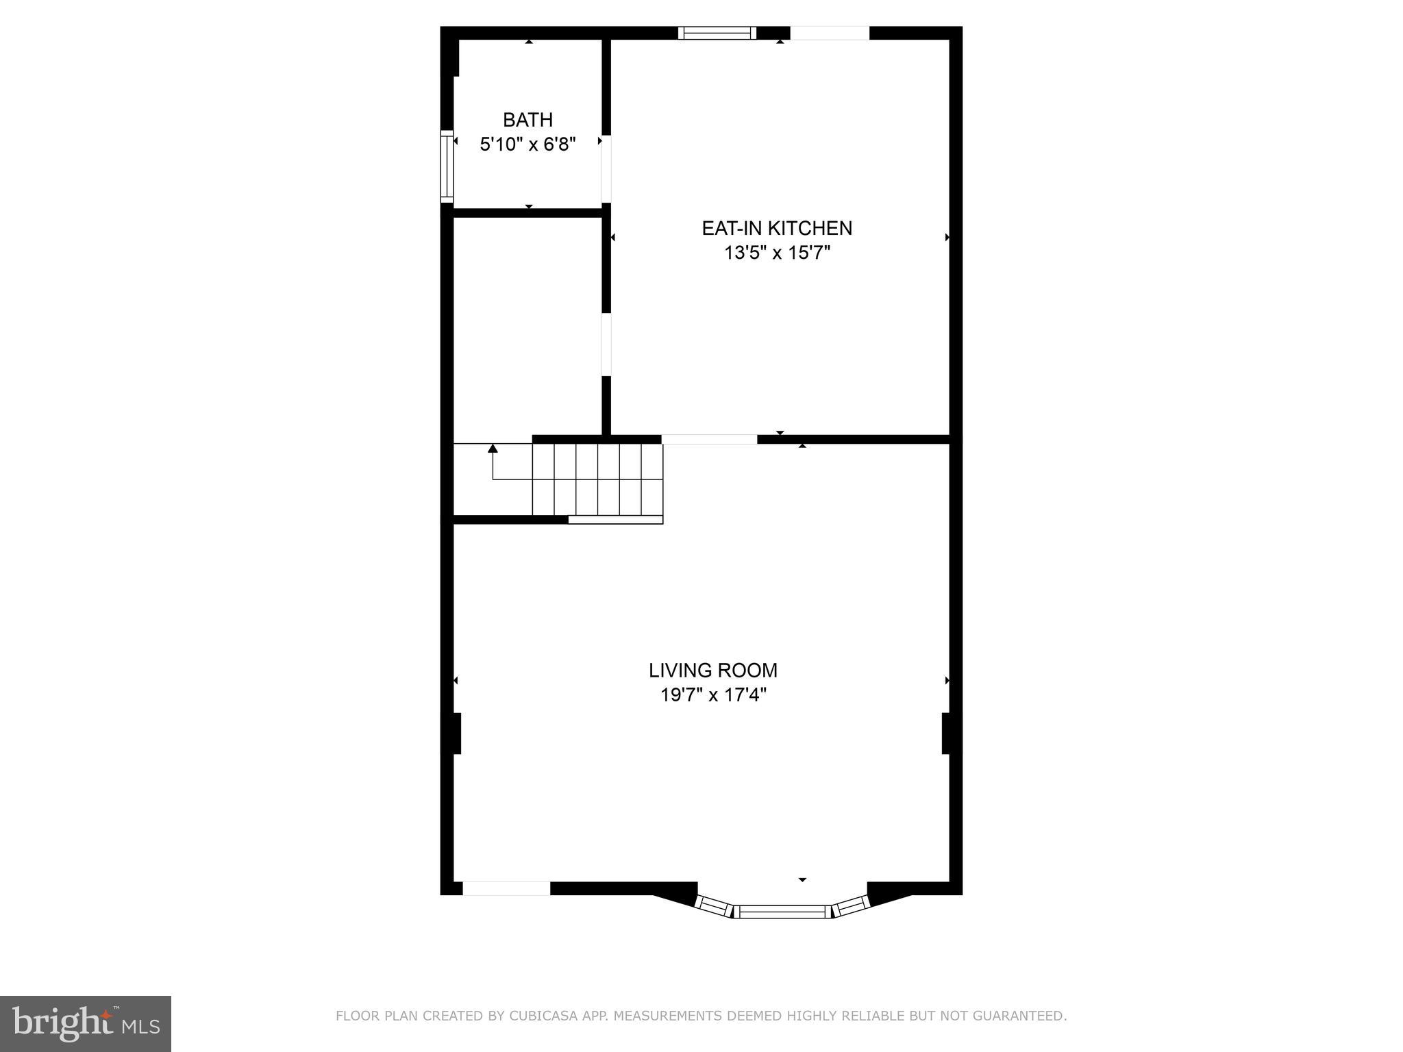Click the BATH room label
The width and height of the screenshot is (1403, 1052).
pyautogui.click(x=527, y=120)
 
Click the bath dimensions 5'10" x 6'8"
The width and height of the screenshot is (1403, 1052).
pyautogui.click(x=527, y=145)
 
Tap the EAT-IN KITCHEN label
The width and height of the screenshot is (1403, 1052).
pyautogui.click(x=777, y=228)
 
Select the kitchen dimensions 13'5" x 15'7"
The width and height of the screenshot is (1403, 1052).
pyautogui.click(x=777, y=253)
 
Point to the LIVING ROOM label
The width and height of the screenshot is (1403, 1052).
pyautogui.click(x=713, y=670)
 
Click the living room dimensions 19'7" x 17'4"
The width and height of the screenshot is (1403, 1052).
pyautogui.click(x=713, y=695)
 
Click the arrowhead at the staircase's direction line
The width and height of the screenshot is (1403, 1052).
pyautogui.click(x=493, y=449)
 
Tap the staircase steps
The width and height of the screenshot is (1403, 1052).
pyautogui.click(x=597, y=479)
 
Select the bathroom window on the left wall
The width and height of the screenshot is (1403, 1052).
pyautogui.click(x=447, y=166)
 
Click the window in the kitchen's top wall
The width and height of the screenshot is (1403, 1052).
pyautogui.click(x=717, y=33)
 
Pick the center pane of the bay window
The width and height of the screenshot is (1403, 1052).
pyautogui.click(x=782, y=911)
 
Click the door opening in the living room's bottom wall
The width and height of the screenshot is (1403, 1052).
pyautogui.click(x=506, y=888)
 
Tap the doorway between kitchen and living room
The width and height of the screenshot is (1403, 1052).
pyautogui.click(x=709, y=439)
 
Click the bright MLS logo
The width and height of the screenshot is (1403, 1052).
pyautogui.click(x=85, y=1023)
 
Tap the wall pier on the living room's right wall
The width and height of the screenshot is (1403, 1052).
pyautogui.click(x=948, y=734)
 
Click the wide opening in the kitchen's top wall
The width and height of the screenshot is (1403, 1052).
pyautogui.click(x=830, y=33)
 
